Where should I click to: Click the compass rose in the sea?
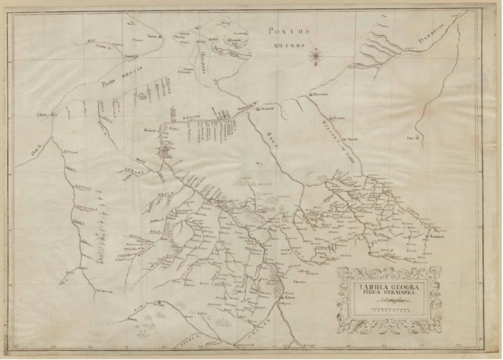coord(316,56)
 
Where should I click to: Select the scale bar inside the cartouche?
coord(391,311)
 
